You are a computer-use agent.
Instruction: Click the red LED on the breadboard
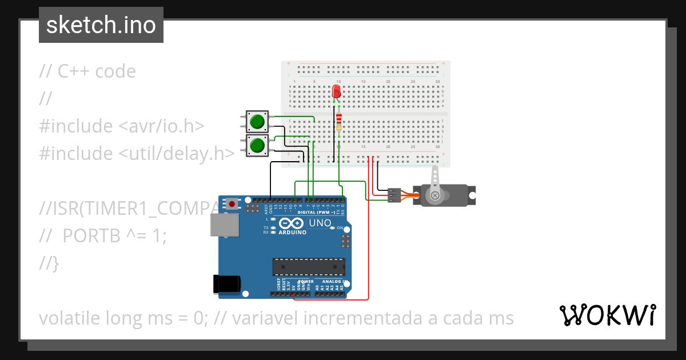click(x=336, y=91)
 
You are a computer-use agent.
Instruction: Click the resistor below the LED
click(x=339, y=122)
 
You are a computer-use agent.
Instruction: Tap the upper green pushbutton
click(x=257, y=121)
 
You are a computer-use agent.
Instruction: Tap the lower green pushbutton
click(x=257, y=145)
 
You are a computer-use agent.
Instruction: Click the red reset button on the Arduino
click(x=232, y=203)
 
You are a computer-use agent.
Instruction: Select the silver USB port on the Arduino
click(x=225, y=225)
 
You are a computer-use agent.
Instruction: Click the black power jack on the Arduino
click(x=226, y=284)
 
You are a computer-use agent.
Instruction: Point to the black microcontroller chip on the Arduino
click(x=309, y=267)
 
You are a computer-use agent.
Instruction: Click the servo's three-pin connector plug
click(x=394, y=195)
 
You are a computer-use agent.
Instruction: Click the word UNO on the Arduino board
click(x=320, y=223)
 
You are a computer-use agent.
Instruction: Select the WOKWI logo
click(x=607, y=315)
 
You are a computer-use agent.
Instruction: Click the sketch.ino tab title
click(x=101, y=25)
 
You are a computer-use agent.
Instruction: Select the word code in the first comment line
click(x=115, y=71)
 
